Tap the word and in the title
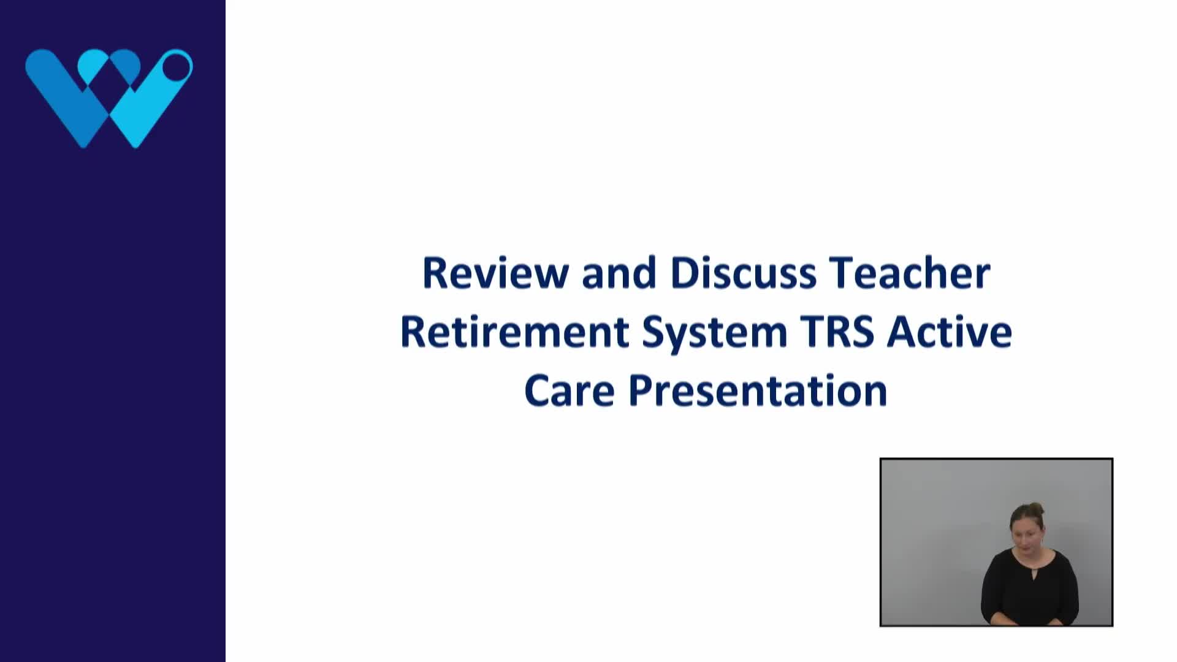[619, 273]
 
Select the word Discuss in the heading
[743, 273]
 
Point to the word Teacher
[909, 273]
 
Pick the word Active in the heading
[950, 332]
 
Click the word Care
[569, 391]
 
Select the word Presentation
[758, 391]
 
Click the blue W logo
[109, 98]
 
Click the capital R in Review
[436, 273]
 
